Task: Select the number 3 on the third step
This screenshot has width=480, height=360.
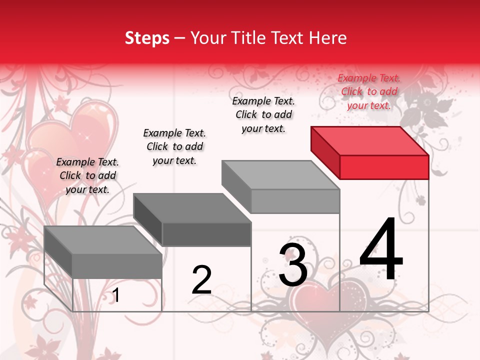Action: tap(293, 265)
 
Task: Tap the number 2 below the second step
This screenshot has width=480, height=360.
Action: tap(202, 280)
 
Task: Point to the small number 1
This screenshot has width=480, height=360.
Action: tap(116, 295)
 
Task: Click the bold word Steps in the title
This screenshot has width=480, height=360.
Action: tap(147, 38)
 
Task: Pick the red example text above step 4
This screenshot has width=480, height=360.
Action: tap(369, 91)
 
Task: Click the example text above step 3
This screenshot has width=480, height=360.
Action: tap(263, 114)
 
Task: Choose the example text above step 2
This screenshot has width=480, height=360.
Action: tap(174, 146)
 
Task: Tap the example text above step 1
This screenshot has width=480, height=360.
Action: tap(87, 175)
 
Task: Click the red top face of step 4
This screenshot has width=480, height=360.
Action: tap(369, 140)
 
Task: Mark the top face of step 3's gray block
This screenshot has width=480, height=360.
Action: tap(280, 175)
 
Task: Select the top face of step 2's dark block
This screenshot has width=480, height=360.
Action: tap(192, 208)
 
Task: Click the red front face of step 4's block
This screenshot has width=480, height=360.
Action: tap(384, 167)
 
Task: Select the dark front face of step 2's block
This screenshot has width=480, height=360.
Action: tap(206, 234)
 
